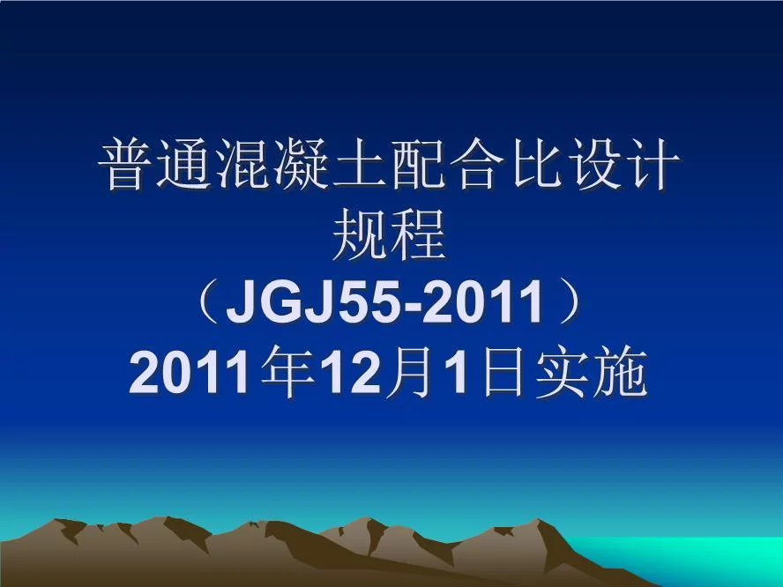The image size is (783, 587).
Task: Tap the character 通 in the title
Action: point(190,167)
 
